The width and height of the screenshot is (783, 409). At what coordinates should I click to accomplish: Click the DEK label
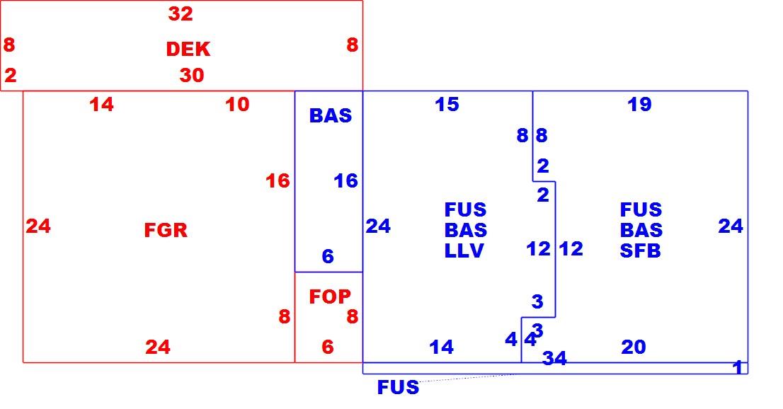click(x=188, y=49)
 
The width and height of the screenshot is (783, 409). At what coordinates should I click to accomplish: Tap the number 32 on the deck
click(x=181, y=14)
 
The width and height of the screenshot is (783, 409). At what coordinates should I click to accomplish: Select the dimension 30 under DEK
click(x=192, y=76)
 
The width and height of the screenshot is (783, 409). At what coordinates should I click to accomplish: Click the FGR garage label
click(x=166, y=230)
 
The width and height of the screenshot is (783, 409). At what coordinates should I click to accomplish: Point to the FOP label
click(x=330, y=296)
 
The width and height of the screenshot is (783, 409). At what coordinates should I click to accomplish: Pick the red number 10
click(x=237, y=104)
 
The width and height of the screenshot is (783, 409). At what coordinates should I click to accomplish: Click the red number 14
click(x=102, y=105)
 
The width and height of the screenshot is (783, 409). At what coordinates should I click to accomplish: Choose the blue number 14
click(x=442, y=347)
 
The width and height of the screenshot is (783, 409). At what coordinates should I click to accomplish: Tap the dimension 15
click(x=447, y=104)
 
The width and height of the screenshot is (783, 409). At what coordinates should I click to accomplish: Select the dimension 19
click(x=640, y=104)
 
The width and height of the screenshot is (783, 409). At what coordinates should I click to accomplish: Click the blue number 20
click(x=634, y=347)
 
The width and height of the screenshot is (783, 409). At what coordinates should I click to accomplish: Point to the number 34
click(x=555, y=358)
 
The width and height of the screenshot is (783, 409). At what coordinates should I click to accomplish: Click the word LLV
click(x=464, y=250)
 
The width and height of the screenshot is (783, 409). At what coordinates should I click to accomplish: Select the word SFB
click(x=641, y=250)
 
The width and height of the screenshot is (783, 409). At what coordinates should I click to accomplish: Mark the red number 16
click(x=278, y=180)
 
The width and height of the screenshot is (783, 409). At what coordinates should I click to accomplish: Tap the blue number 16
click(x=346, y=180)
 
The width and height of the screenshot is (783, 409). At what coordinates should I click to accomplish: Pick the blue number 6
click(x=328, y=257)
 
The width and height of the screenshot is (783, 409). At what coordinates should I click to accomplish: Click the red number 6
click(x=328, y=347)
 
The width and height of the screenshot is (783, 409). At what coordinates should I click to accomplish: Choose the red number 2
click(x=11, y=76)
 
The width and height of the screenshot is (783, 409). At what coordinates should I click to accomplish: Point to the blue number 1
click(x=738, y=367)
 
